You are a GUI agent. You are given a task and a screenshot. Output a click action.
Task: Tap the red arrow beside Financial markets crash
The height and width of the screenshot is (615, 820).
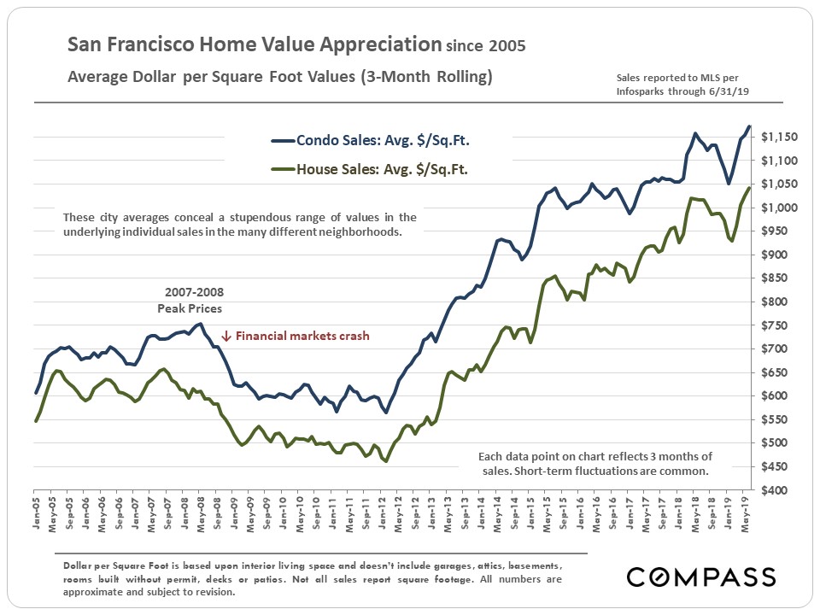[226, 336]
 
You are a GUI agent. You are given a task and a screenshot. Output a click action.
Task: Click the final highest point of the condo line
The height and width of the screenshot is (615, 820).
[749, 126]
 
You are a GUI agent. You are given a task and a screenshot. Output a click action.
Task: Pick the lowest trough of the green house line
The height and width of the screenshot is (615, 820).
[386, 461]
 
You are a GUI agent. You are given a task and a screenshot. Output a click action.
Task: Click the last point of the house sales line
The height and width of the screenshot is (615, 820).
[749, 188]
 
